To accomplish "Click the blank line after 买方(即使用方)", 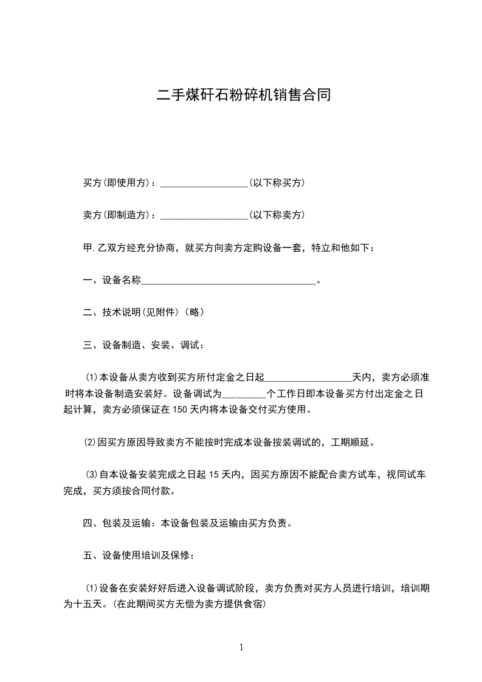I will pos(204,183).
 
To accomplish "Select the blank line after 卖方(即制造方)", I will pos(204,215).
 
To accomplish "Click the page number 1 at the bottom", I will pos(241,647).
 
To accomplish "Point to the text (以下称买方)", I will pos(277,182).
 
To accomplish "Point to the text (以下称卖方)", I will pos(277,215).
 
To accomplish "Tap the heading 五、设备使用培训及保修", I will pos(139,555).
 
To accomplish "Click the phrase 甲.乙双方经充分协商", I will pos(129,247).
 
